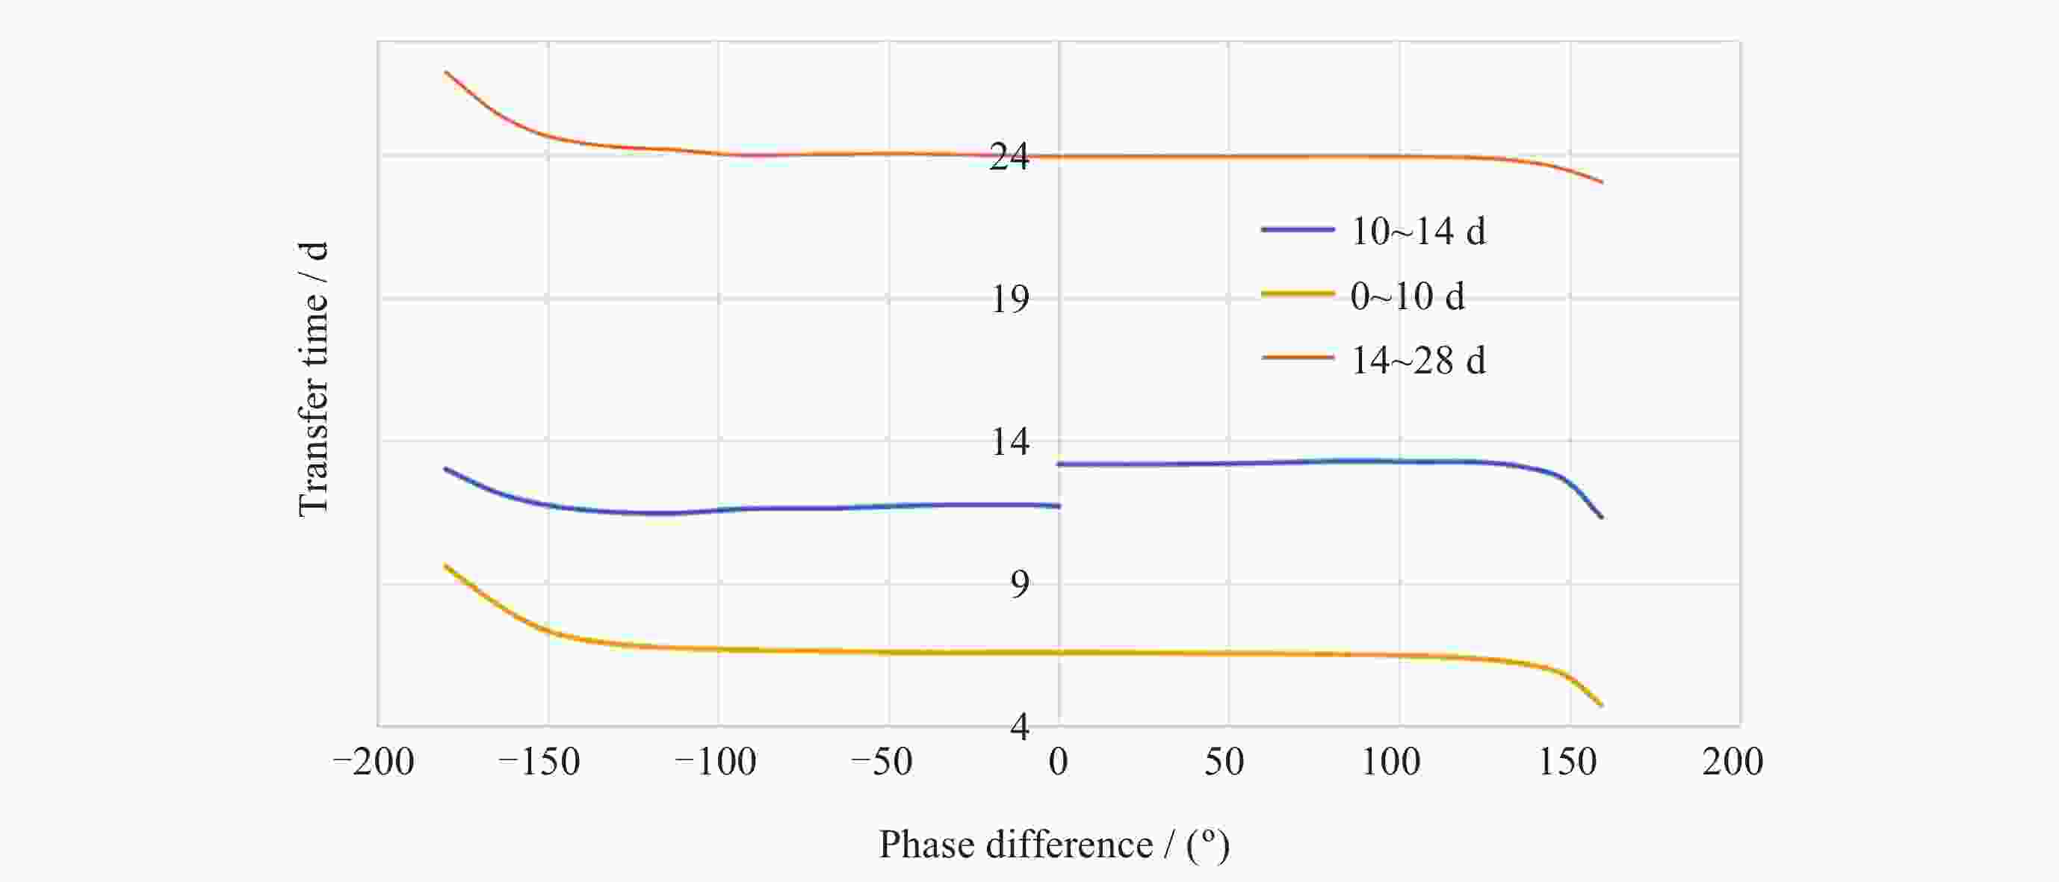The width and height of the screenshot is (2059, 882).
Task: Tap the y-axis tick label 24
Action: tap(1009, 157)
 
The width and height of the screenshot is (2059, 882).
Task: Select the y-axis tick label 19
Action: tap(1009, 299)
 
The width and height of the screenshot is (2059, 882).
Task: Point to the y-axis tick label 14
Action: tap(1009, 442)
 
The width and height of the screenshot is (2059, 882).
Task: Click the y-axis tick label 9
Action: tap(1019, 585)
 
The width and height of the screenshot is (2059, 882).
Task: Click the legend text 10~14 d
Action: tap(1418, 232)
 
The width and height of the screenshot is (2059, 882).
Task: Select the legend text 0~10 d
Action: tap(1408, 296)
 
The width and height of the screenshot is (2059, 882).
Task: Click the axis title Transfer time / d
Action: tap(313, 379)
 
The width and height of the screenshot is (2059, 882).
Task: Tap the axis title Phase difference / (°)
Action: tap(1054, 845)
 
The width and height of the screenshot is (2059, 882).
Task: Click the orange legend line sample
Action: tap(1297, 358)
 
